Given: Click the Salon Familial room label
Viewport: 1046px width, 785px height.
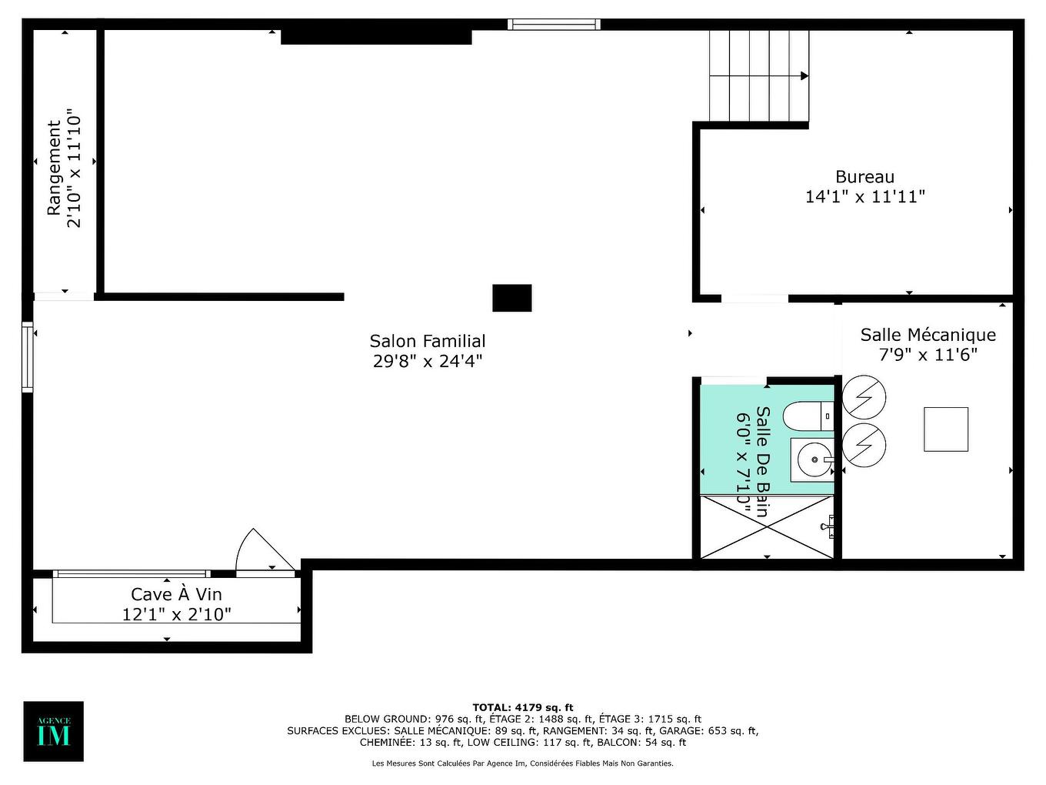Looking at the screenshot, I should point(428,341).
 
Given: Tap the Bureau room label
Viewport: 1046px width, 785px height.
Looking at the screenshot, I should point(864,177).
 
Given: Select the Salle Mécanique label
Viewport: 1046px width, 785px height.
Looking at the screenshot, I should point(928,335).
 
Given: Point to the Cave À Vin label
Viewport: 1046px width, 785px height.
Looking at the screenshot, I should point(176,594).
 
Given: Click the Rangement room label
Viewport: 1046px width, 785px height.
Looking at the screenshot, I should point(54,168).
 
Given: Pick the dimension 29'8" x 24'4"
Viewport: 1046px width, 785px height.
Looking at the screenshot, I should point(428,361).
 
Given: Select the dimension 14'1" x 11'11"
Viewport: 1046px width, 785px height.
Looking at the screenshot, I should point(864,197).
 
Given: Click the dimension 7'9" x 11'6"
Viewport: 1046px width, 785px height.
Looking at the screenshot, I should point(928,355).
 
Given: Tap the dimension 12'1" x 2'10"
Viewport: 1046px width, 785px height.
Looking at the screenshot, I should point(176,614).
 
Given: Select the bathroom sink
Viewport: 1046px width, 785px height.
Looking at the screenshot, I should point(811,461).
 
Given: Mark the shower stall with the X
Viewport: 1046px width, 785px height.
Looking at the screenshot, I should point(767,527).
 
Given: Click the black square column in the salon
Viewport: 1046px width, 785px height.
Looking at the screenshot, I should point(511,298).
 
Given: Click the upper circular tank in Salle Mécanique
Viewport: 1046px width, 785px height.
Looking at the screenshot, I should point(864,397).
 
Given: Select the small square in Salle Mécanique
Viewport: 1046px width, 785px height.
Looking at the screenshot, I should point(945,429).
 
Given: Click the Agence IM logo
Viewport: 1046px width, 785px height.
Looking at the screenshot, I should point(53,731).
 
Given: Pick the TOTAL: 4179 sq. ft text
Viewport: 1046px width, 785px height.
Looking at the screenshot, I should point(522,707).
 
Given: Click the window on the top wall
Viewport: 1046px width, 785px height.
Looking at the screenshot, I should point(553,25).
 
